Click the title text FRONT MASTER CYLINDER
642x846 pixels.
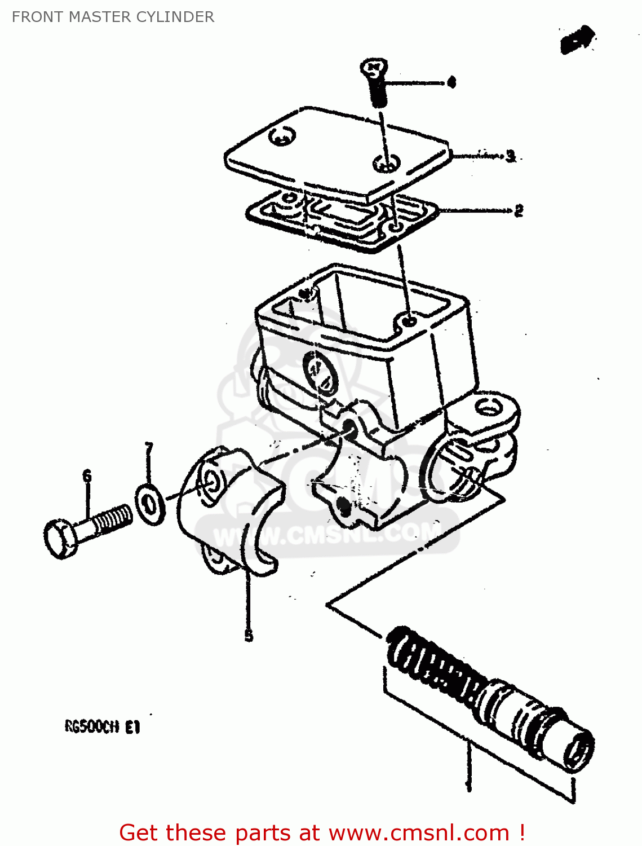pyautogui.click(x=113, y=17)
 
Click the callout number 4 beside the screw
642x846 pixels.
pyautogui.click(x=450, y=83)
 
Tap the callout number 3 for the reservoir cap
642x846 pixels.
pyautogui.click(x=511, y=156)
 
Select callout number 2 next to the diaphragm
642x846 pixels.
pyautogui.click(x=519, y=211)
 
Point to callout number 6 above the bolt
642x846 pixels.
pyautogui.click(x=87, y=477)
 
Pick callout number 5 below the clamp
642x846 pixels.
pyautogui.click(x=249, y=636)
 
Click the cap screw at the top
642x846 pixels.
pyautogui.click(x=375, y=82)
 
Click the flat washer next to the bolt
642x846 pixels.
pyautogui.click(x=150, y=504)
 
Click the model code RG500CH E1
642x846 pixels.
pyautogui.click(x=102, y=727)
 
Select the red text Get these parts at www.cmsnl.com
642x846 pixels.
pyautogui.click(x=322, y=832)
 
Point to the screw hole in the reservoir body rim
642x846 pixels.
pyautogui.click(x=410, y=320)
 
